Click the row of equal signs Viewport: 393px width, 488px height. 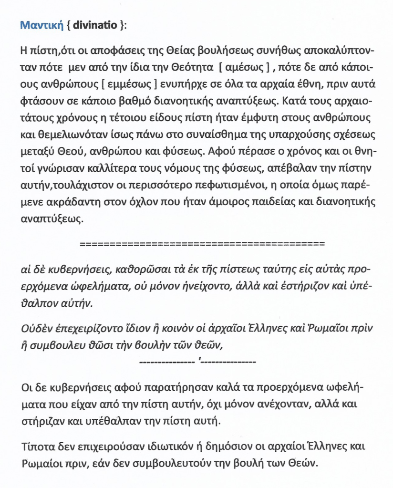pyautogui.click(x=202, y=244)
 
